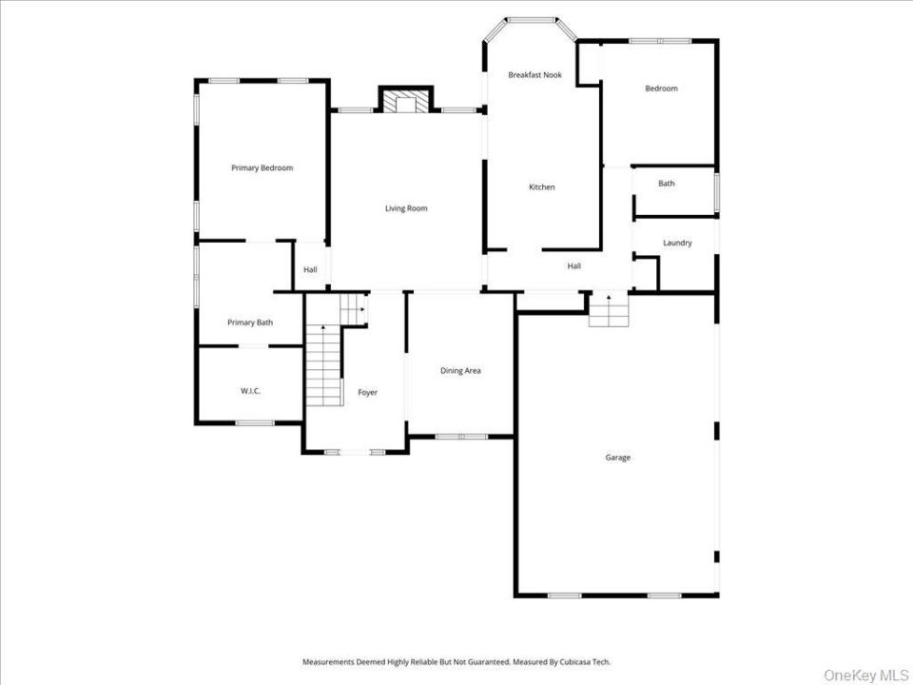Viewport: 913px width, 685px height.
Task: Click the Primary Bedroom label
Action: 262,167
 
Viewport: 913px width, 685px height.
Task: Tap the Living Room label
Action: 406,208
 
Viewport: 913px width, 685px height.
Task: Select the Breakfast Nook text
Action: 534,74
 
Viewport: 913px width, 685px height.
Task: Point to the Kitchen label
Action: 541,187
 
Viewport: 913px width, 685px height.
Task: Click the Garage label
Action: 618,458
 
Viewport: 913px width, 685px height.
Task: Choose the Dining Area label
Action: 460,370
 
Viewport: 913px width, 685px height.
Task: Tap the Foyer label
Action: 367,393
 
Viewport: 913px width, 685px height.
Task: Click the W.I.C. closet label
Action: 250,391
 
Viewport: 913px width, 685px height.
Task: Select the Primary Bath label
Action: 250,323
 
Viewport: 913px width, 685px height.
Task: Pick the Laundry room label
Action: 677,243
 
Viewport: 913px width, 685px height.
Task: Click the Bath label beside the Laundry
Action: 666,183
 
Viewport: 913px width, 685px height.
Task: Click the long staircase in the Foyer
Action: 324,365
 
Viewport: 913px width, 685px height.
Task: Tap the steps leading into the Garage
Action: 609,309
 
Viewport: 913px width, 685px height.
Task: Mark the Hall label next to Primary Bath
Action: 310,269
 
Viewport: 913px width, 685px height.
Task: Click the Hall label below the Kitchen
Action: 574,266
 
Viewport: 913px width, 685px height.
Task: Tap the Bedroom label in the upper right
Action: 662,88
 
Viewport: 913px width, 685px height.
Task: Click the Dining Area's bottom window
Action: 461,437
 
